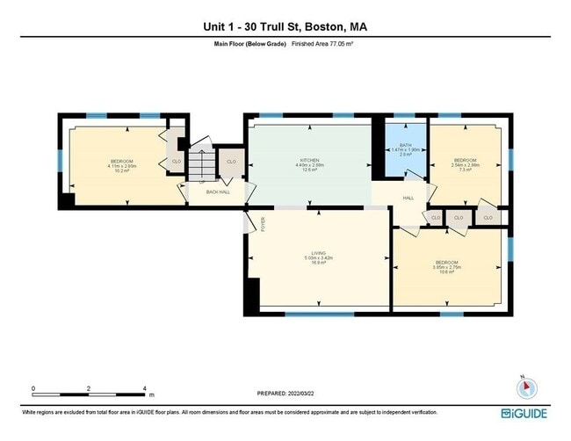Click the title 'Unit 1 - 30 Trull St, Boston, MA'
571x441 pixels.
coord(285,27)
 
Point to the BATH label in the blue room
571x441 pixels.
coord(405,145)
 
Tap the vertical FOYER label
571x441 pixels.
coord(261,225)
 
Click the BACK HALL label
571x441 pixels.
coord(218,192)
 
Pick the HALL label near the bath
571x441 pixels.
coord(408,198)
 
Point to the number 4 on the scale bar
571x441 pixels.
coord(144,388)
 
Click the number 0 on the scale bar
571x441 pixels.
coord(33,388)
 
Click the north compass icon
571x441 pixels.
coord(524,387)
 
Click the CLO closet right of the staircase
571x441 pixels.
coord(231,162)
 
